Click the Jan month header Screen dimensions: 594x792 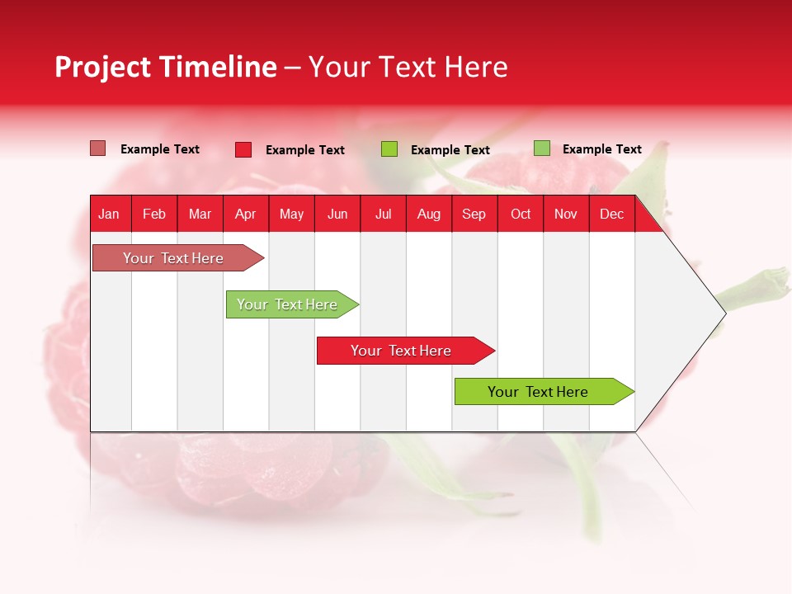[109, 214]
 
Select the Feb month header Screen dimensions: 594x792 [154, 214]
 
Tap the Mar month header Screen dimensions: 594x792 [200, 214]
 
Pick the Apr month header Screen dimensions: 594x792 [246, 214]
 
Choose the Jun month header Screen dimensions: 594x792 [337, 214]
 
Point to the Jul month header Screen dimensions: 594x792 [383, 214]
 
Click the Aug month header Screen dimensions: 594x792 [429, 214]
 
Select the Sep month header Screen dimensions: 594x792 [474, 214]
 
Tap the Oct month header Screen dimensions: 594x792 [521, 214]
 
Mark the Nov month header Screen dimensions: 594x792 [566, 214]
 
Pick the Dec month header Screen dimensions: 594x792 [612, 214]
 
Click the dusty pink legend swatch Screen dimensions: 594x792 [97, 148]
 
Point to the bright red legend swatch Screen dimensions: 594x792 [243, 149]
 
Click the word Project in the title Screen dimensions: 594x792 [103, 68]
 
